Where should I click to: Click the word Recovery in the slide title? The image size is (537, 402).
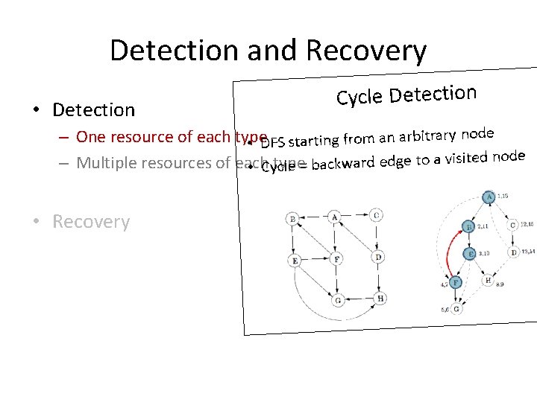pos(366,51)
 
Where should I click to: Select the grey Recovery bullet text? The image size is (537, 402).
pos(91,222)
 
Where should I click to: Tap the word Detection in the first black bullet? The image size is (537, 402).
pos(94,110)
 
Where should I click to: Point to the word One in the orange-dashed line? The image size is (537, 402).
pos(91,137)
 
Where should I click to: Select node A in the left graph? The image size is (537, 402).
pos(335,217)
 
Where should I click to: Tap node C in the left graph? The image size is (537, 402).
pos(377,215)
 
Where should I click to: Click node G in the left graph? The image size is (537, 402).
pos(339,300)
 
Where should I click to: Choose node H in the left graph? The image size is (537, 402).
pos(380,299)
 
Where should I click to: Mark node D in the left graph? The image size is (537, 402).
pos(379,257)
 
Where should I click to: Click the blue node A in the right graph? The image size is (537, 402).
pos(489,198)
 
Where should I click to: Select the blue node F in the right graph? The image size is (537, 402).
pos(455,282)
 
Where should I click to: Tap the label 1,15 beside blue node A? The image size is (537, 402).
pos(504,195)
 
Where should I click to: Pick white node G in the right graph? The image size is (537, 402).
pos(456,308)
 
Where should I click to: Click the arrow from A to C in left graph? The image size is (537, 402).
pos(357,216)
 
